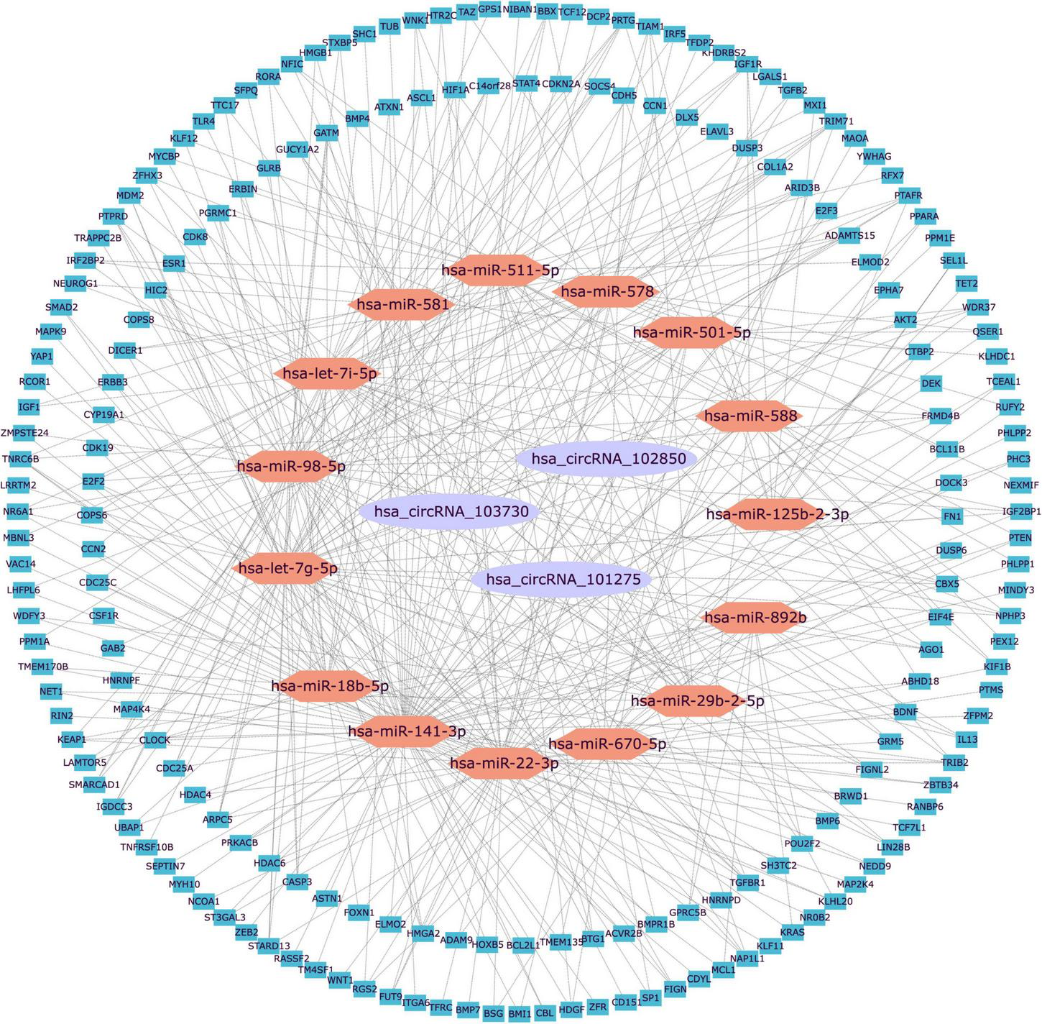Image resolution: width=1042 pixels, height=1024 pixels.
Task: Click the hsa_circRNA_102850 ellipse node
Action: pos(608,459)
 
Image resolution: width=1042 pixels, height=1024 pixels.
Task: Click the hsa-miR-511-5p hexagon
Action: pos(499,270)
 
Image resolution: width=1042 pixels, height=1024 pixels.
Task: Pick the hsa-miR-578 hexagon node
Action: pos(607,291)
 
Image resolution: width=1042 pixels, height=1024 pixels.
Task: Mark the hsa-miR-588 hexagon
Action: pos(750,416)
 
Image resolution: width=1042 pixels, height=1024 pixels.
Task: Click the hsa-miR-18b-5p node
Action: pos(329,686)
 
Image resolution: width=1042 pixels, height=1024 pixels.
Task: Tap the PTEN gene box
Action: pos(1020,537)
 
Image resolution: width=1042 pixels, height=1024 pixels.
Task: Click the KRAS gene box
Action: pos(792,932)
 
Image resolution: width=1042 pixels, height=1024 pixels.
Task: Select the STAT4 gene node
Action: pos(526,83)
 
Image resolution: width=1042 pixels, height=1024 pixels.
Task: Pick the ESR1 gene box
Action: pos(174,263)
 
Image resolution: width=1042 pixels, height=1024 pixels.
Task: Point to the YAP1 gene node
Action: pos(42,356)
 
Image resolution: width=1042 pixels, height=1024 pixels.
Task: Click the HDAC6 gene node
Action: pos(269,863)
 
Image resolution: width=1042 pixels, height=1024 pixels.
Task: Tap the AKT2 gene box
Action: pos(905,319)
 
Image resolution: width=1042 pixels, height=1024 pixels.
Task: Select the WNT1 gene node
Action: pos(340,980)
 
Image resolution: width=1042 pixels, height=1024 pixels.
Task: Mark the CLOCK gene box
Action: pos(155,739)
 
